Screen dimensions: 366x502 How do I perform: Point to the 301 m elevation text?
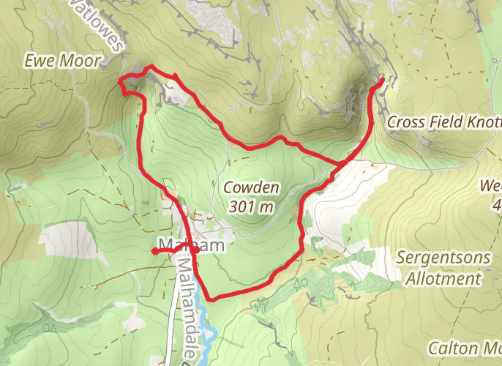(x=251, y=206)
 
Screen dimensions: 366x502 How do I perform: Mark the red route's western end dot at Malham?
(x=155, y=251)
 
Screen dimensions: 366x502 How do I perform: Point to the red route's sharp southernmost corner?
(x=211, y=298)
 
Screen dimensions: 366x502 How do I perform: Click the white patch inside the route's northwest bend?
(x=176, y=91)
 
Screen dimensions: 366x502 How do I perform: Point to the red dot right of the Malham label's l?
(x=195, y=250)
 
